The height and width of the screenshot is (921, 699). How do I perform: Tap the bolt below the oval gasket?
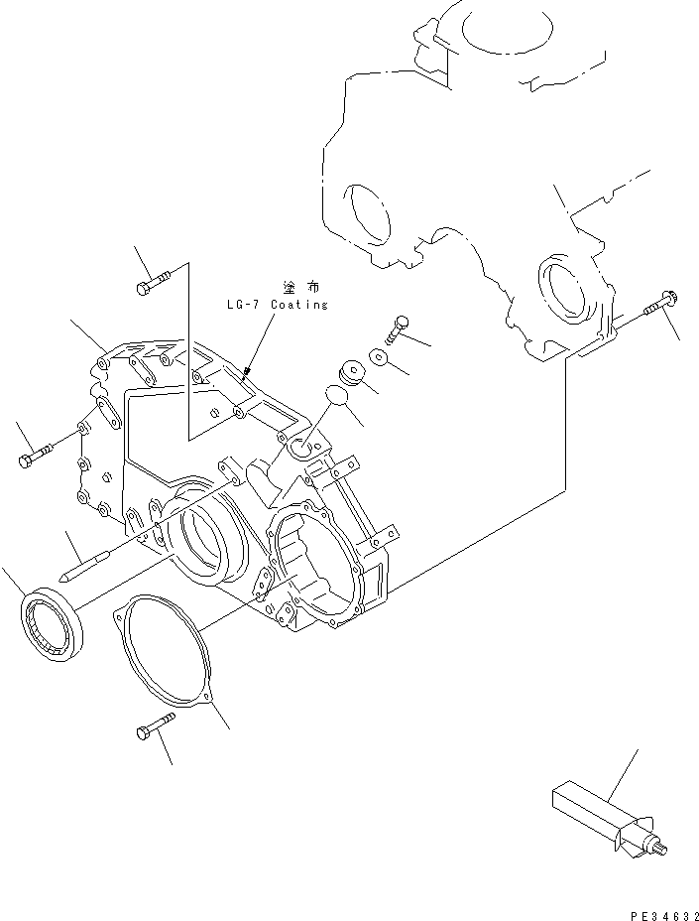click(150, 733)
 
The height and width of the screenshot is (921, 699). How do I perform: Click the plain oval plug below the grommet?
click(337, 397)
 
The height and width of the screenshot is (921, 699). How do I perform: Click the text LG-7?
click(244, 305)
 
